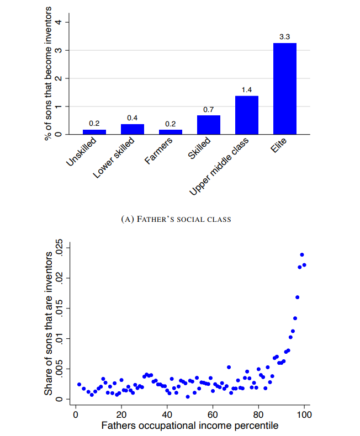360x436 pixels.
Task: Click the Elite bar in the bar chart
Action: click(285, 88)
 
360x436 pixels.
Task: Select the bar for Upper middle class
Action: click(247, 115)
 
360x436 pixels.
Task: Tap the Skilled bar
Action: click(209, 125)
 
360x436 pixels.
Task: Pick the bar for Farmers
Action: click(171, 131)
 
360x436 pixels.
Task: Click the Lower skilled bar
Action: click(133, 129)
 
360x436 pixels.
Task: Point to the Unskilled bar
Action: click(94, 131)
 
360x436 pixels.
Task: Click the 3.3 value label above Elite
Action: click(285, 36)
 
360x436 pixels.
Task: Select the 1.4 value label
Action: click(247, 89)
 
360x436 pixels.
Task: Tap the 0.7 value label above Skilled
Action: click(209, 109)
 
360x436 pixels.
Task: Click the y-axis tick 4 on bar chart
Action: click(66, 22)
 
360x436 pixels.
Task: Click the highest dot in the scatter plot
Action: click(302, 255)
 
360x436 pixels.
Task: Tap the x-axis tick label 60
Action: click(212, 414)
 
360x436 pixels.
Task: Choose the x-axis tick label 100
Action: click(304, 414)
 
